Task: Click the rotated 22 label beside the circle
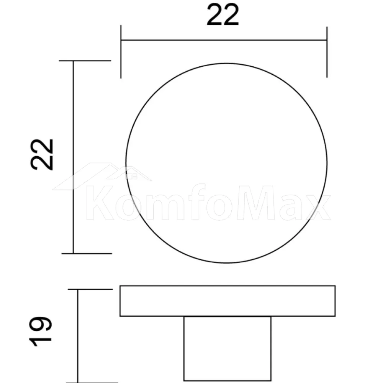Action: (x=42, y=155)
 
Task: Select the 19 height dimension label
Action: (x=41, y=331)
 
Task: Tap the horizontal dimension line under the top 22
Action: (x=224, y=40)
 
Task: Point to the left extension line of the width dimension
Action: (x=121, y=52)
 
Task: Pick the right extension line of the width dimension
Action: (x=327, y=52)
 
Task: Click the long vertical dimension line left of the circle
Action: (x=73, y=157)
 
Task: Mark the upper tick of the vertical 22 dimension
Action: (x=85, y=61)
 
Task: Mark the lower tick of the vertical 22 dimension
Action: (x=87, y=254)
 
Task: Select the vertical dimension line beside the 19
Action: (x=78, y=336)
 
